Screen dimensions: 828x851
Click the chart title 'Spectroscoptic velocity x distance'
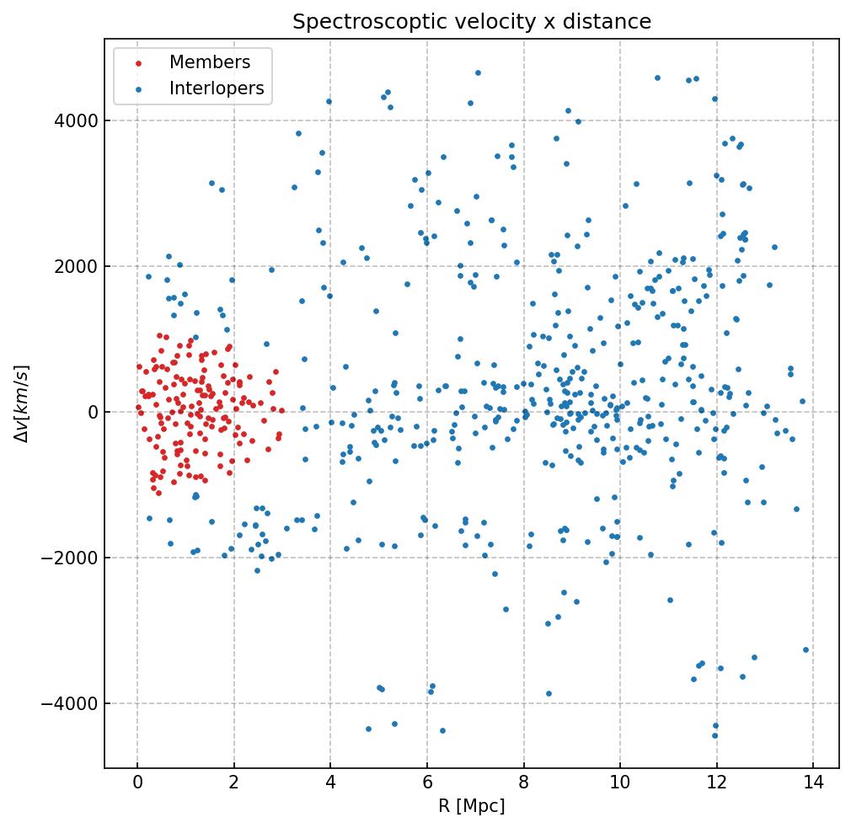click(x=472, y=22)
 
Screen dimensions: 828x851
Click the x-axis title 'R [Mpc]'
click(x=472, y=806)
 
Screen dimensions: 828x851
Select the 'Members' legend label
click(x=210, y=62)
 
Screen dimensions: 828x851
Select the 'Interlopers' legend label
click(x=217, y=88)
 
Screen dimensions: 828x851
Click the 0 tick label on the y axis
click(x=93, y=412)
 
